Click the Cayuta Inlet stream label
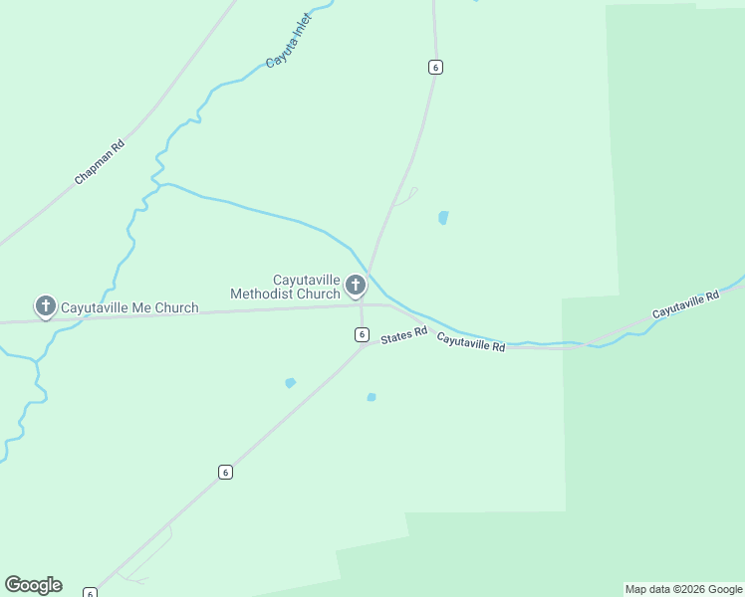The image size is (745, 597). tap(289, 41)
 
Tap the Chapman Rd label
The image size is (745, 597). tap(99, 161)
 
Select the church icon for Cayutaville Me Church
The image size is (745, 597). tap(45, 306)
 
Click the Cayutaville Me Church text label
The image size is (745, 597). tap(129, 308)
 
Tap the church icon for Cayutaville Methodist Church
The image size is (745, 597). tap(355, 287)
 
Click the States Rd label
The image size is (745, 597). tap(403, 336)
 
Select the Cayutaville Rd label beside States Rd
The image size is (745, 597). tap(470, 342)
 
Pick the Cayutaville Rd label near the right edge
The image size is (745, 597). tap(685, 305)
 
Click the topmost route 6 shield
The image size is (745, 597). tap(434, 67)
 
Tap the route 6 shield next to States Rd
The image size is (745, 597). tap(362, 334)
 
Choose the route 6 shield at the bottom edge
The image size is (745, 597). tap(90, 593)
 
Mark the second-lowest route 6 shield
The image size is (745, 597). tap(225, 472)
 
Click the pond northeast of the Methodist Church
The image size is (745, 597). tap(443, 217)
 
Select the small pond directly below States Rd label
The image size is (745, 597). tap(372, 397)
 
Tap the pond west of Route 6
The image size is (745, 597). tap(290, 382)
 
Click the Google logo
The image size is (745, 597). tap(33, 585)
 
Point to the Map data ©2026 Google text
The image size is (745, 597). tap(683, 589)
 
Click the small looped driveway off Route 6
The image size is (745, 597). tap(409, 195)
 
